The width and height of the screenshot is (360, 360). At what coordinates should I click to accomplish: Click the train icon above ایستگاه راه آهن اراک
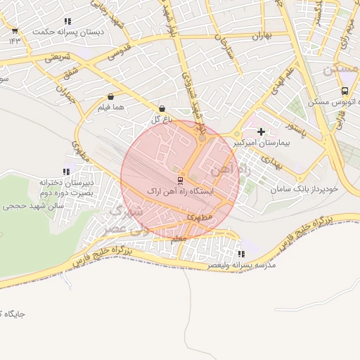click(x=179, y=179)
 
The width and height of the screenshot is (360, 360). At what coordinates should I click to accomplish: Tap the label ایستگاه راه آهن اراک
click(x=179, y=191)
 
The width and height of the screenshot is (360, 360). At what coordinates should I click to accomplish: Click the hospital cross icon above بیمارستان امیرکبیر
click(x=262, y=131)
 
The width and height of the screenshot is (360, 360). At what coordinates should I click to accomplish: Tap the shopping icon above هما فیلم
click(x=111, y=96)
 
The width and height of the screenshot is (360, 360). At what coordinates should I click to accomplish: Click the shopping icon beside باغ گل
click(x=163, y=109)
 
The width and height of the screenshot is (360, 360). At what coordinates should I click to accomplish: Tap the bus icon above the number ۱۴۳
click(x=15, y=30)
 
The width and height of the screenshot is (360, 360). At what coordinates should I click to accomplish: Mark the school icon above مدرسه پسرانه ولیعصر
click(x=241, y=254)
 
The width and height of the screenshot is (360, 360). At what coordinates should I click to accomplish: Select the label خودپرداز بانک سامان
click(x=307, y=189)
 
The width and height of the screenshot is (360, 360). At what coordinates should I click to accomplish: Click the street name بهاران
click(x=261, y=34)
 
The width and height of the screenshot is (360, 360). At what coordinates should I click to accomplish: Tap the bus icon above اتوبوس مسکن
click(x=345, y=91)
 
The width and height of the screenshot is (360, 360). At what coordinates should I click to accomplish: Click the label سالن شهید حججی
click(x=33, y=207)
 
